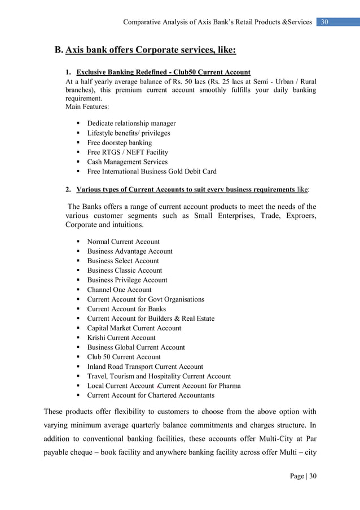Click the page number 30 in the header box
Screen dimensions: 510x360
coord(324,22)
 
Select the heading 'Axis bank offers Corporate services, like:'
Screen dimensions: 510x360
coord(151,50)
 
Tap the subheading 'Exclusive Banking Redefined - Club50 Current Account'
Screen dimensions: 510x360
coord(164,73)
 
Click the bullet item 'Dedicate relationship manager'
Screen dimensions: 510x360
coord(131,123)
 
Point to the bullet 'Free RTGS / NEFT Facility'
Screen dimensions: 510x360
coord(127,152)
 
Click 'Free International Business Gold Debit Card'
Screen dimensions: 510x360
coord(151,171)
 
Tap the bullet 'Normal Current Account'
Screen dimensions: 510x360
coord(123,241)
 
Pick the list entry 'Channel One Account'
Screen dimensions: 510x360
coord(119,289)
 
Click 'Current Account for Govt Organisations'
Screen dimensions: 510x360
coord(146,299)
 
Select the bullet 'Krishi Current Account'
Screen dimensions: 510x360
coord(121,337)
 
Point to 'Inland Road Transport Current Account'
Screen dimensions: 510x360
coord(145,366)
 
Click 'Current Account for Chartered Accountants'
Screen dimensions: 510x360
coord(151,395)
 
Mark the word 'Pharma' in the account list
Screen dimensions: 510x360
coord(229,385)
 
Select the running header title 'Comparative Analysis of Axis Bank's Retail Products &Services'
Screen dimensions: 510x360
coord(218,22)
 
